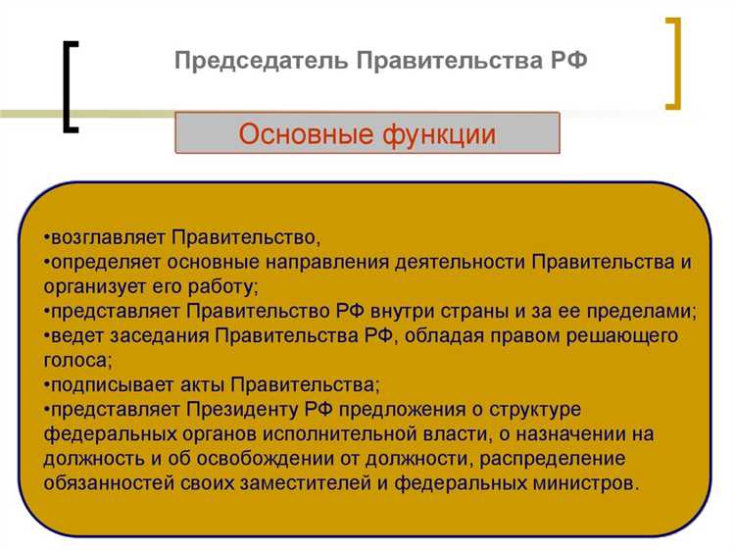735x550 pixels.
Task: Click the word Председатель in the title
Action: point(248,61)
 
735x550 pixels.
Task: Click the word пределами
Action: point(646,312)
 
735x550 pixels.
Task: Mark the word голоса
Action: point(72,361)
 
